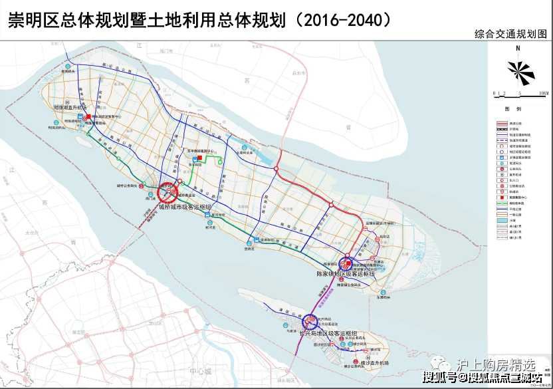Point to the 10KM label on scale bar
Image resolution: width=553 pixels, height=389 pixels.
point(543,94)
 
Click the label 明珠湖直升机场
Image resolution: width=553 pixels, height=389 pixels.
point(70,108)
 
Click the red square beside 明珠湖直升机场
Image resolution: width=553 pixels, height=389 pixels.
point(88,114)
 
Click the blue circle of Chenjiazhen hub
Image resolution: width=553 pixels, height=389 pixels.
point(347,264)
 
